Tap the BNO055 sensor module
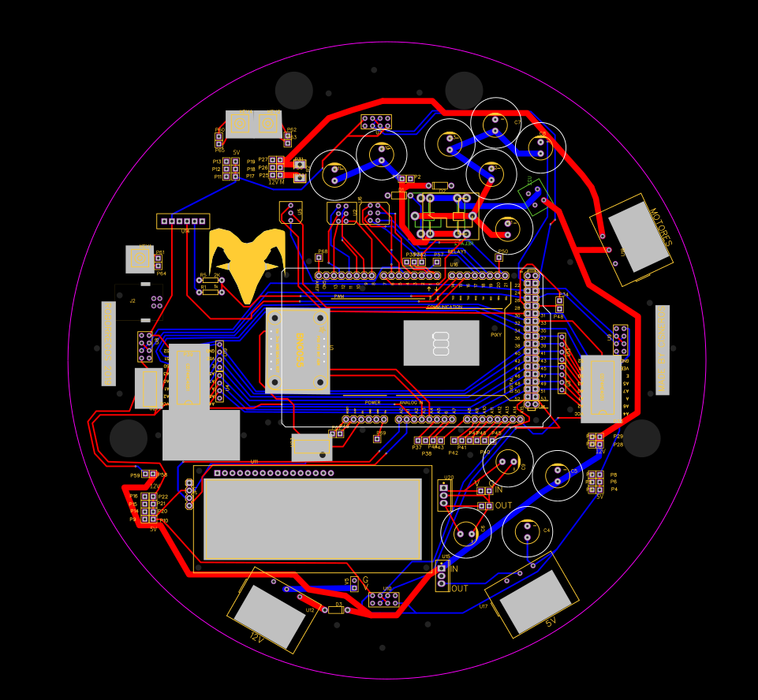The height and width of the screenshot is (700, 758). click(297, 350)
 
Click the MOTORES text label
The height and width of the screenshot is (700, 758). click(660, 228)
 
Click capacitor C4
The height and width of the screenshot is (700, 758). click(527, 531)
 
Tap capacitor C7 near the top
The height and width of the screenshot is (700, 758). click(495, 123)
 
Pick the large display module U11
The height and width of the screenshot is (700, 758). click(312, 518)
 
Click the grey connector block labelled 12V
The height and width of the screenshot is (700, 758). click(270, 616)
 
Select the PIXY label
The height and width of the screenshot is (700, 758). click(496, 335)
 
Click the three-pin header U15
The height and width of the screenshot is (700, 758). click(442, 575)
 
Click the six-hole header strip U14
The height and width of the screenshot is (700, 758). click(183, 222)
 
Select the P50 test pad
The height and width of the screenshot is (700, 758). click(498, 257)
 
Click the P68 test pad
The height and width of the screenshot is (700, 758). click(319, 257)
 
